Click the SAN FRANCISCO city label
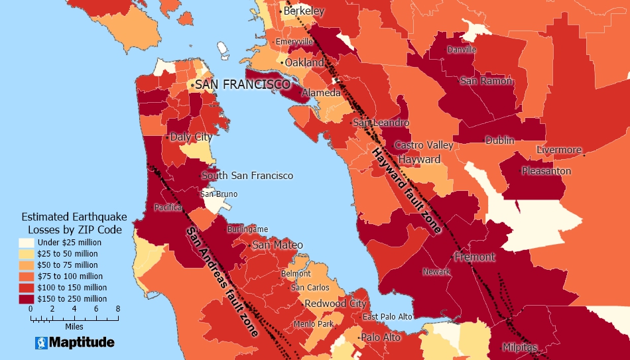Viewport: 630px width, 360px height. coord(242,85)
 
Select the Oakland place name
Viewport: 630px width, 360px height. coord(304,62)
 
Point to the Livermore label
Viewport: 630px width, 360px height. coord(558,150)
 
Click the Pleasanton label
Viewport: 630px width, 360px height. coord(546,171)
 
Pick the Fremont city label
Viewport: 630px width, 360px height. coord(475,257)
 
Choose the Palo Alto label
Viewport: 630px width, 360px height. coord(381,337)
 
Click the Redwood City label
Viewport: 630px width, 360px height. coord(335,304)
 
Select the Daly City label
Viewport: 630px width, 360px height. coord(191,137)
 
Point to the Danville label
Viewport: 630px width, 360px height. coord(462,50)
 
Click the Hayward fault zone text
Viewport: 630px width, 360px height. coord(407,190)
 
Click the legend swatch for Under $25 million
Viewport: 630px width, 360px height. coord(27,242)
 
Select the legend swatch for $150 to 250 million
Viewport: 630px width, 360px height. coord(27,299)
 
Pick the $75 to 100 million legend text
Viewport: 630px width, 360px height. coord(70,276)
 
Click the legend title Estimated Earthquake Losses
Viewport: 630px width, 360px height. coord(72,223)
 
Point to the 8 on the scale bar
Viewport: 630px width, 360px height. coord(117,309)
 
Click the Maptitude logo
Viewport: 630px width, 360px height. coord(74,342)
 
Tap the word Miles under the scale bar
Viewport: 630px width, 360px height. coord(74,327)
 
